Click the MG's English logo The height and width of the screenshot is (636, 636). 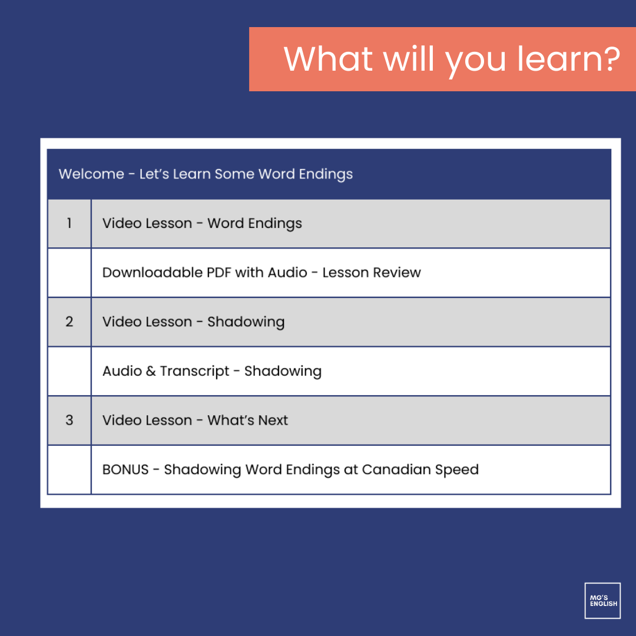tap(602, 601)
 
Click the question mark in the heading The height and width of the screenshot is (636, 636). tap(609, 59)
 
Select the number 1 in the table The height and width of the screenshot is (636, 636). tap(69, 224)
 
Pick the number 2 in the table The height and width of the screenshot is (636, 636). tap(69, 322)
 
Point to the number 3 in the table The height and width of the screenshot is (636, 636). tap(69, 420)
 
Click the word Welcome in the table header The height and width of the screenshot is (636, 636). tap(91, 174)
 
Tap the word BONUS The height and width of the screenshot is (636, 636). tap(125, 470)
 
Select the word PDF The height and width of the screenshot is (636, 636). tap(217, 273)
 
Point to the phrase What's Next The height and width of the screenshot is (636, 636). tap(248, 420)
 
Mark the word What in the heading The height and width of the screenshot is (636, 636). tap(329, 59)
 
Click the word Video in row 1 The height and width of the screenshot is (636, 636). tap(121, 224)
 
